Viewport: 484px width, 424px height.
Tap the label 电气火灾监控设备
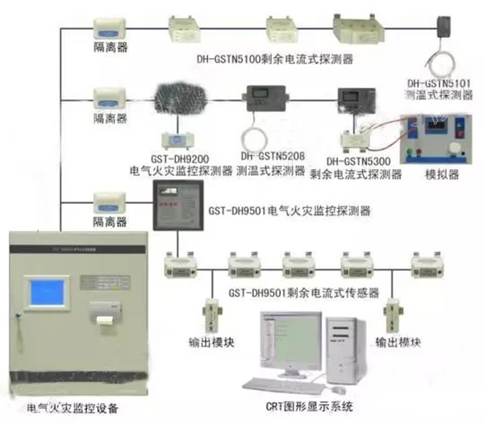[x=73, y=409]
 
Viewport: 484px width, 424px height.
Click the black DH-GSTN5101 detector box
[x=444, y=26]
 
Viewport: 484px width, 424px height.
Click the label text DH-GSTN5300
[x=359, y=160]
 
